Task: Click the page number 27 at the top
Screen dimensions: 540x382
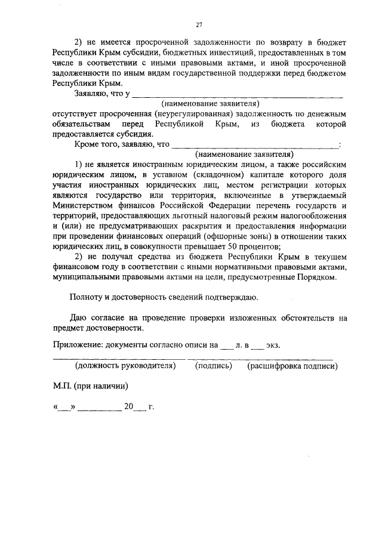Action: pos(200,25)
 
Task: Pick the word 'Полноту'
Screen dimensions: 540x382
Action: pos(88,297)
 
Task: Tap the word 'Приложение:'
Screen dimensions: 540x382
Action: pos(76,345)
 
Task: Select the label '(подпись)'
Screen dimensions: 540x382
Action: pos(213,366)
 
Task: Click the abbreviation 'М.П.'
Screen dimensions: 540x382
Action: pos(62,385)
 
